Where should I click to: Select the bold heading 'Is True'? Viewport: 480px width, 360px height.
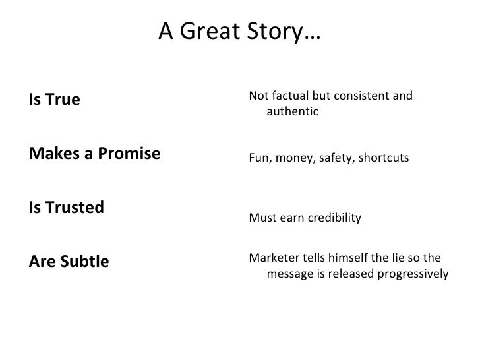point(54,100)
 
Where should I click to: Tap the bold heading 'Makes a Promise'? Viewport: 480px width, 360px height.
point(94,154)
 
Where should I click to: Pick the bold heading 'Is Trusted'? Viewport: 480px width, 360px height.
point(66,208)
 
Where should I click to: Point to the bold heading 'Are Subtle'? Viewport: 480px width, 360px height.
point(69,262)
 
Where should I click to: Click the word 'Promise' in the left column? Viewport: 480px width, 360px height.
point(133,154)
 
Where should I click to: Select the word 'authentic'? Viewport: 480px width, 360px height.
point(292,112)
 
